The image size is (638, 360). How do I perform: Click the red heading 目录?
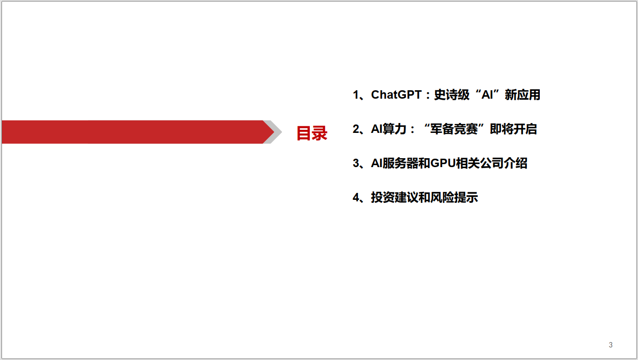(312, 133)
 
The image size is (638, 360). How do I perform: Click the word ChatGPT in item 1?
(396, 95)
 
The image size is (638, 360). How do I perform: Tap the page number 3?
(611, 345)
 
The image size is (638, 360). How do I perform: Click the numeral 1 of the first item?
(356, 95)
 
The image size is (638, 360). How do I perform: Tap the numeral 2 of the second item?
(356, 129)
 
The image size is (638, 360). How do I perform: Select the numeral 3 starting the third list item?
(356, 164)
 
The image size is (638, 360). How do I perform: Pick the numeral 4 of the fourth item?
(356, 198)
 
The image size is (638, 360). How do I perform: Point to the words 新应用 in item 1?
(522, 95)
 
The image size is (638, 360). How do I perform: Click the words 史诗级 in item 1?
(452, 95)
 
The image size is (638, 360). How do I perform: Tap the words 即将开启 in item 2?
(513, 129)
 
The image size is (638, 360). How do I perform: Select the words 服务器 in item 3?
(400, 164)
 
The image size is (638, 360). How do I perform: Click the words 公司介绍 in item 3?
(504, 164)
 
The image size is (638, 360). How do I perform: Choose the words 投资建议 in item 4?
(395, 198)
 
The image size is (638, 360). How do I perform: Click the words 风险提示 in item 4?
(454, 198)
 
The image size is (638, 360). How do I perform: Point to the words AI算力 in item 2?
(389, 129)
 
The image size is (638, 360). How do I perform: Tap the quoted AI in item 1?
(487, 95)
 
